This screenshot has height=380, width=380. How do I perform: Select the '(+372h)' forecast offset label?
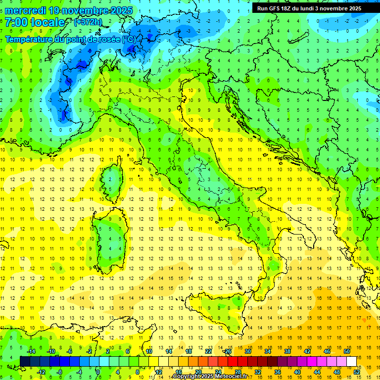(88, 22)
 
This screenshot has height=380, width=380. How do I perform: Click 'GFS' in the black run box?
(275, 8)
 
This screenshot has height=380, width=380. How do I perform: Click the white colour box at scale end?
(351, 361)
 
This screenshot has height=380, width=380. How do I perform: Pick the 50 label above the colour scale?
(346, 351)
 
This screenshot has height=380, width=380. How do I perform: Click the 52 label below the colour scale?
(356, 372)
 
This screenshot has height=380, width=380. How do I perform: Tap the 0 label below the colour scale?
(98, 372)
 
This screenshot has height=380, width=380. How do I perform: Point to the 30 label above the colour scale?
(248, 351)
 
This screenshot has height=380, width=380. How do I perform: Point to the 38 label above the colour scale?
(287, 351)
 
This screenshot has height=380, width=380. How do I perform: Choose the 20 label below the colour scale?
(198, 372)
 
